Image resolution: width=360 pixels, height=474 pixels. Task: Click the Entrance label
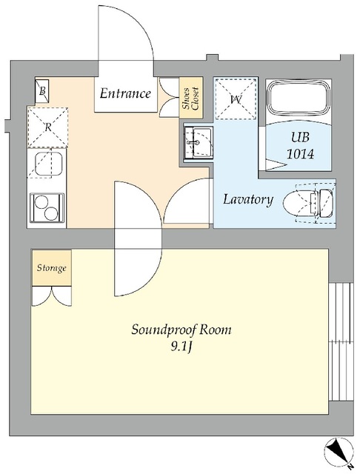click(x=125, y=93)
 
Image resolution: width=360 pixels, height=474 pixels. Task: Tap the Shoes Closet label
click(x=190, y=99)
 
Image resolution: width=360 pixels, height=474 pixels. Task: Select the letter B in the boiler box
click(x=43, y=90)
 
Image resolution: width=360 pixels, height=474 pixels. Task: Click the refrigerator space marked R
click(x=47, y=127)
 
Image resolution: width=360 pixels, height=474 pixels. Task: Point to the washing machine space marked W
click(x=236, y=99)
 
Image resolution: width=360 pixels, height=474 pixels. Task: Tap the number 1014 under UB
click(x=300, y=154)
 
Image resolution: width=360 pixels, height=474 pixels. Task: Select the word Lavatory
click(x=248, y=199)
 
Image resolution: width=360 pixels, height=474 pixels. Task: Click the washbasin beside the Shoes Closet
click(x=199, y=142)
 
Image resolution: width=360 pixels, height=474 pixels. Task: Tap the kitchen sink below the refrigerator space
click(x=49, y=164)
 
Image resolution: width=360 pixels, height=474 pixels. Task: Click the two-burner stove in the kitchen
click(x=47, y=208)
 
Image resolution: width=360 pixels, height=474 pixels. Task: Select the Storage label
click(x=51, y=268)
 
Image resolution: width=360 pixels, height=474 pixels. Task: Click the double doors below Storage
click(x=52, y=296)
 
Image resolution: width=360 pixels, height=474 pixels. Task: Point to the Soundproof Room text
click(x=181, y=330)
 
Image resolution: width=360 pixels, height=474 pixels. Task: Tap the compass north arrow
click(x=339, y=456)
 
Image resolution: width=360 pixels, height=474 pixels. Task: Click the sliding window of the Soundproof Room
click(x=341, y=341)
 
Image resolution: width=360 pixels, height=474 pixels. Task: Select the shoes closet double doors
click(x=169, y=97)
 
